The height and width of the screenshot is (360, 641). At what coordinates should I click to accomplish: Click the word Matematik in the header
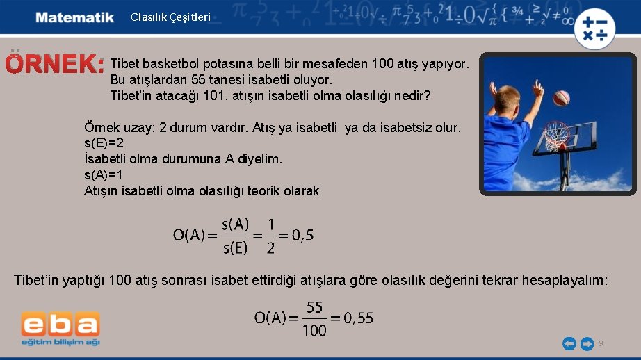pos(74,17)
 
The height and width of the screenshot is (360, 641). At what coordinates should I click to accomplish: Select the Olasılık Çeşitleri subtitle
pos(170,17)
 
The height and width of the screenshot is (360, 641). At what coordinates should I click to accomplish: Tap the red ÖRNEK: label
pos(55,65)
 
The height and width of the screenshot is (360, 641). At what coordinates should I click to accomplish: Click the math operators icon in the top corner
pos(595,28)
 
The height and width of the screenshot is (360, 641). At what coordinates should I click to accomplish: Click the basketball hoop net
pos(555,137)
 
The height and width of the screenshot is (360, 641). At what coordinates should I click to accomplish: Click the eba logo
pos(60,327)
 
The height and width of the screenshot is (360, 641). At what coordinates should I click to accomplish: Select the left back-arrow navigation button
pos(569,343)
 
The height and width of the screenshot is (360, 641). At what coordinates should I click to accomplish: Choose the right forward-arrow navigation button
pos(587,343)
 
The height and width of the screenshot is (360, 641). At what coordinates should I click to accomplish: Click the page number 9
pos(601,343)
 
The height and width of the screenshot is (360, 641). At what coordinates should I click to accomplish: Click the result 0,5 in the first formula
pos(302,235)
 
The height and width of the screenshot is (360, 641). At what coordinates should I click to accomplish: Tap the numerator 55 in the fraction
pos(314,307)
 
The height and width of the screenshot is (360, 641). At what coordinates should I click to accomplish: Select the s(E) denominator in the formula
pos(235,247)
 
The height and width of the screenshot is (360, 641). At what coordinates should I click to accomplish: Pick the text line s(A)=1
pos(104,174)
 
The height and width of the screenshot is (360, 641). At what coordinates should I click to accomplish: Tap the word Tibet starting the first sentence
pos(126,64)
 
